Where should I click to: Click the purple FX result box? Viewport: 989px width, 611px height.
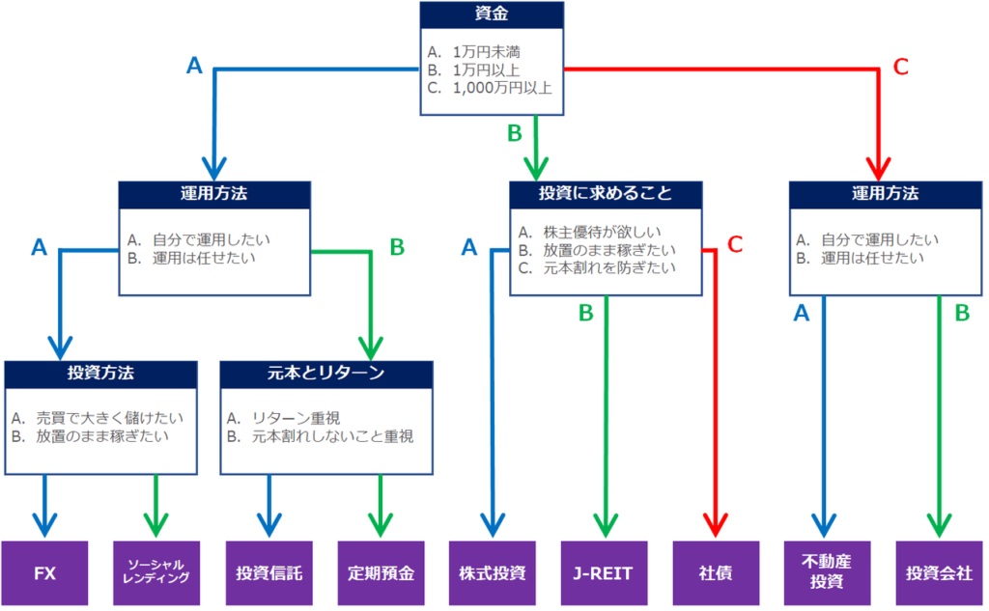click(x=45, y=572)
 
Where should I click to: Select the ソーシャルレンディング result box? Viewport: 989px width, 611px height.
click(x=156, y=572)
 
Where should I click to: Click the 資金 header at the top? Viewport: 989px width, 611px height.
click(x=492, y=15)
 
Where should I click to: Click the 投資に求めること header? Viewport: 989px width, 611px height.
click(x=605, y=193)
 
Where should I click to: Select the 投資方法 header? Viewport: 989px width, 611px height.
click(x=101, y=374)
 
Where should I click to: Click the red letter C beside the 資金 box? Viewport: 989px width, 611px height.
click(x=900, y=67)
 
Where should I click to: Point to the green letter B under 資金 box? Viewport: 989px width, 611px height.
click(x=515, y=132)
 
